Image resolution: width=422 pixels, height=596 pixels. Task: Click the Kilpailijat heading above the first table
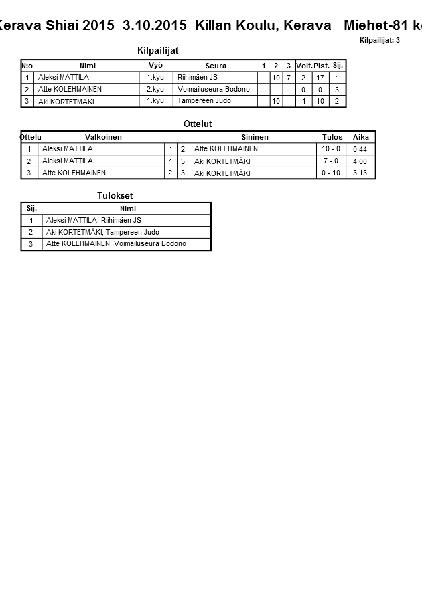click(x=157, y=50)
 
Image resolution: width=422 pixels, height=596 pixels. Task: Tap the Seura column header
click(x=216, y=66)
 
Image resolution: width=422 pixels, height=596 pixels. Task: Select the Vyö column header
click(x=155, y=65)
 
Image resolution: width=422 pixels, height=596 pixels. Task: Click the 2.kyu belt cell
click(x=155, y=89)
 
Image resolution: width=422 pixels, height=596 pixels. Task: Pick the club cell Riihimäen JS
click(x=197, y=78)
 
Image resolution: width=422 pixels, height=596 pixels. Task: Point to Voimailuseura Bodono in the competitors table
click(x=213, y=89)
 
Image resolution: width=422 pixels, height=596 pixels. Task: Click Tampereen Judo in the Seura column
click(x=201, y=101)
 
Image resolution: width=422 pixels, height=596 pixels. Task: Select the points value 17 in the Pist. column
click(x=320, y=78)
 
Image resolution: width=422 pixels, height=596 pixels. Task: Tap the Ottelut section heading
click(x=198, y=124)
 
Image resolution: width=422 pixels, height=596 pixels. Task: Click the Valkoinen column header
click(x=103, y=137)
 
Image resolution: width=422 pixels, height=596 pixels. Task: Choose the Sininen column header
click(x=255, y=137)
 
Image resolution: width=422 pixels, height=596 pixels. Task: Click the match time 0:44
click(x=360, y=149)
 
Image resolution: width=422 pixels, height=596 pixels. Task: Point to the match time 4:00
click(x=360, y=161)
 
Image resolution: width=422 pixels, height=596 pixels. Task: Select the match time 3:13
click(x=360, y=173)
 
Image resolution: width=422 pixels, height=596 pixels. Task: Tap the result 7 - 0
click(x=331, y=161)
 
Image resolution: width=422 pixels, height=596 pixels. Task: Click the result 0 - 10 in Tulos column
click(x=331, y=173)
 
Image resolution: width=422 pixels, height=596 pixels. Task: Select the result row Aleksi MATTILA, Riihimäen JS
click(x=94, y=220)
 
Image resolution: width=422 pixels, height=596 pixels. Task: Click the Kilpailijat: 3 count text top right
click(x=379, y=40)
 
